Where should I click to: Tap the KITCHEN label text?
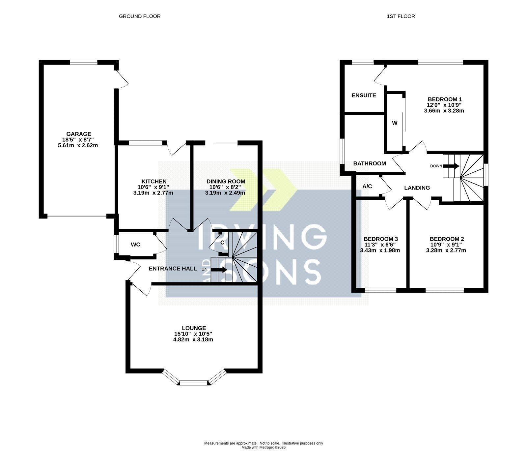(154, 182)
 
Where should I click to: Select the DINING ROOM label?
(226, 182)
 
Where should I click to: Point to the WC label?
(135, 245)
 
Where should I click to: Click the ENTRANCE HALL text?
(173, 269)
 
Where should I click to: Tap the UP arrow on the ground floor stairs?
(219, 270)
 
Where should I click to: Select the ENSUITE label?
(364, 96)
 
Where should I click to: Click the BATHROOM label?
(370, 163)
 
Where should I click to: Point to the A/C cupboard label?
(367, 187)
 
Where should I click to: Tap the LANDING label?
(417, 188)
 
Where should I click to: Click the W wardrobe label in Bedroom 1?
(395, 123)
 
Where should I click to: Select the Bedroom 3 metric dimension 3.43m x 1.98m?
(380, 250)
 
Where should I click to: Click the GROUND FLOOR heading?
(140, 16)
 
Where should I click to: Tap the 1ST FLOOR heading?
(401, 16)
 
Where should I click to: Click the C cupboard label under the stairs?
(222, 243)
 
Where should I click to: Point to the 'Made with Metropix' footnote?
(263, 448)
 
